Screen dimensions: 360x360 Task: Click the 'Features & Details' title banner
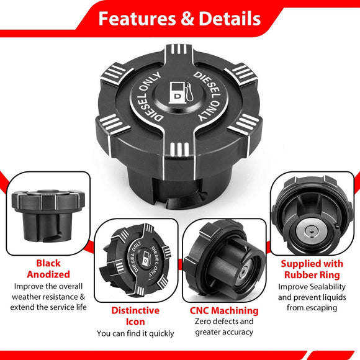coord(180,19)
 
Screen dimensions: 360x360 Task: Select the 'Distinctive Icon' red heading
coord(135,316)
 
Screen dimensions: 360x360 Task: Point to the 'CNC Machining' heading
coord(223,310)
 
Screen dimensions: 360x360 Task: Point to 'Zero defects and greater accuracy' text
coord(224,326)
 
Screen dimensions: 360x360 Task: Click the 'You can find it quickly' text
coord(135,333)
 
